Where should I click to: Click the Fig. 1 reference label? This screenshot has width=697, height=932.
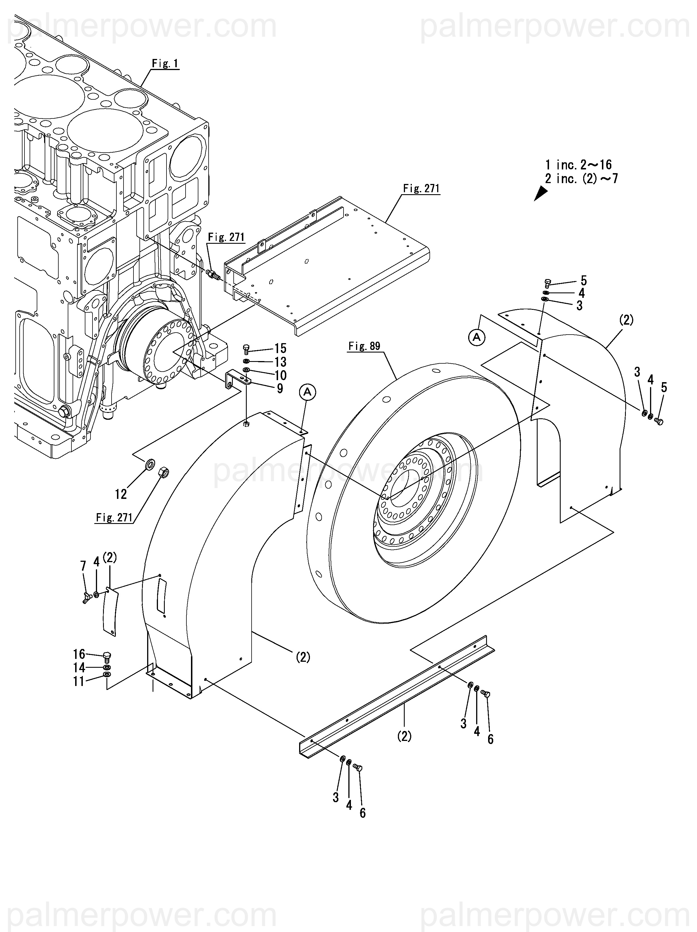click(x=165, y=63)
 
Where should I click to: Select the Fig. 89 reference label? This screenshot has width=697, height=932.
click(x=364, y=346)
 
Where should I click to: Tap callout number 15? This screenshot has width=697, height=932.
click(x=280, y=349)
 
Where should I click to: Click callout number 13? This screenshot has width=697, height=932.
click(x=280, y=362)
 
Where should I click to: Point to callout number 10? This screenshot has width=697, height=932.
click(x=280, y=375)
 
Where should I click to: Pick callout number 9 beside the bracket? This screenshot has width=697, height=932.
click(x=280, y=388)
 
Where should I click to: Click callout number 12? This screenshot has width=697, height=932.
click(x=121, y=494)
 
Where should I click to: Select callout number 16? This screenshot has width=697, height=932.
click(x=79, y=654)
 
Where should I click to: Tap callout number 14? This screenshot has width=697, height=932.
click(x=79, y=667)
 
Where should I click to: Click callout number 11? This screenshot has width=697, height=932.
click(x=79, y=681)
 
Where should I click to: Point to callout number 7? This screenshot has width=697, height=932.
click(x=83, y=566)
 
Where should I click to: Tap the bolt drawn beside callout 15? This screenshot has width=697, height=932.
click(x=247, y=349)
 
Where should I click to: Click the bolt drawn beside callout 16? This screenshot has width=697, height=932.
click(x=107, y=656)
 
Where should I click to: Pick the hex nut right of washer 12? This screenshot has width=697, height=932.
click(x=163, y=472)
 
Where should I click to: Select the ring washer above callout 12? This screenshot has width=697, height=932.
click(x=149, y=466)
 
